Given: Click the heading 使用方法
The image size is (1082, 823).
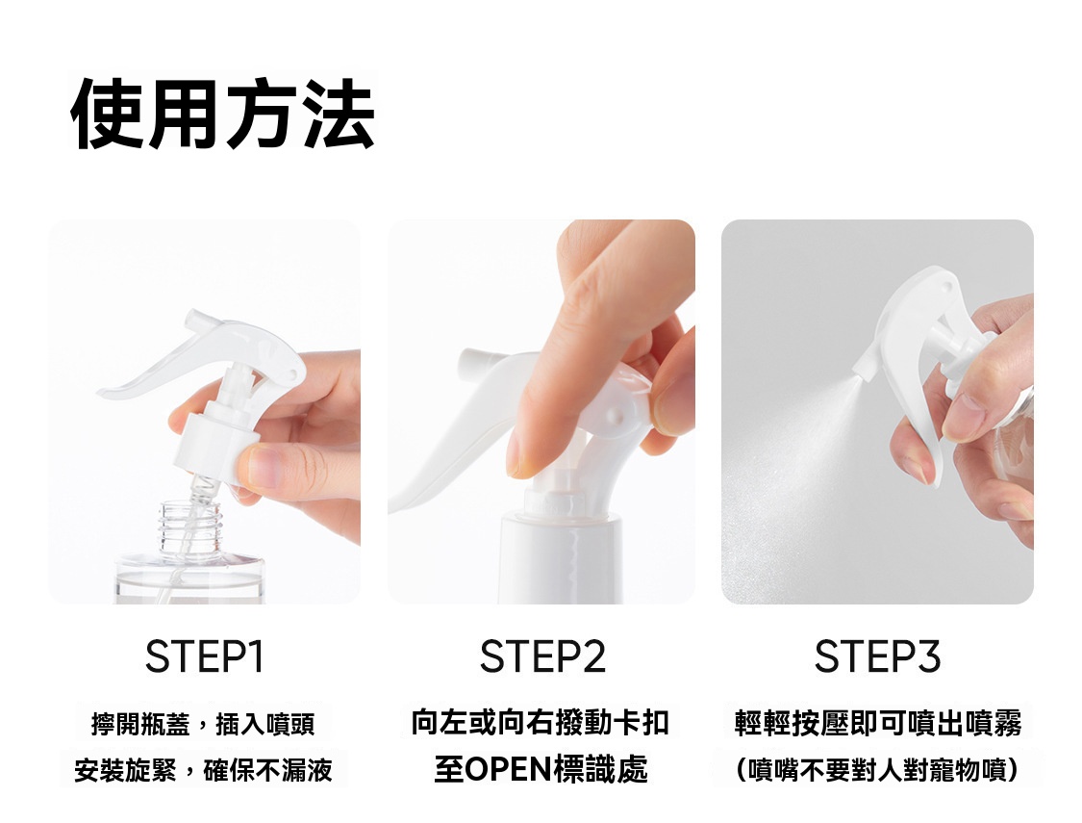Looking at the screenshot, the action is tap(223, 114).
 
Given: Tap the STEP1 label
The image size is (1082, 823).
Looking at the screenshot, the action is tap(204, 656).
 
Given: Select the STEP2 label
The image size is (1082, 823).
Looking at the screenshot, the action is tap(542, 656).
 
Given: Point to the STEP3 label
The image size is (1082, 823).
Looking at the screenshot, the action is tap(877, 656).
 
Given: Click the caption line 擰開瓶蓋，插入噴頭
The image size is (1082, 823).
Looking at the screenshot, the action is tap(203, 724).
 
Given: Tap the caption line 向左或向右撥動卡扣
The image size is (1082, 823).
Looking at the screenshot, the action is tap(541, 722).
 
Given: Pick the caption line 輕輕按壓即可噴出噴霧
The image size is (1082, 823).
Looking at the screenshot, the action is tap(878, 723).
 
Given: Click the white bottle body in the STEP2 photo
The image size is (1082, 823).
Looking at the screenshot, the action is tap(560, 559).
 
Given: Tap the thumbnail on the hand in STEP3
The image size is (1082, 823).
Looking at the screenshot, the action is tap(962, 419).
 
